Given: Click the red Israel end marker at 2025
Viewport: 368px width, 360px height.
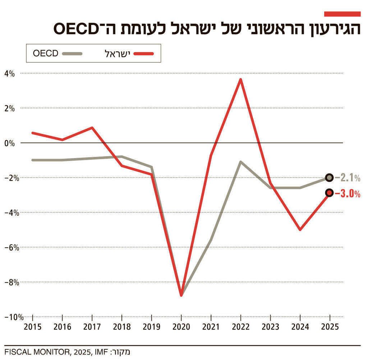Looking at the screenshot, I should click(x=330, y=193).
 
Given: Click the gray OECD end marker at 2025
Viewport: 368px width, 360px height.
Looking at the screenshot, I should click(x=330, y=177).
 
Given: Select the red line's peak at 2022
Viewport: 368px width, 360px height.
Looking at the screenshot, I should click(x=240, y=79).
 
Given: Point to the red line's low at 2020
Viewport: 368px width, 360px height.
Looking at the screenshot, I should click(x=181, y=295).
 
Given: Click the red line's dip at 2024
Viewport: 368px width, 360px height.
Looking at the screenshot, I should click(x=300, y=229).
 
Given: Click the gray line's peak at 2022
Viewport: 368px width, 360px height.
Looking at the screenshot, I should click(x=240, y=162).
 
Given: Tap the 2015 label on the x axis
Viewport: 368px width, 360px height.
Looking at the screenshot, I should click(x=33, y=327).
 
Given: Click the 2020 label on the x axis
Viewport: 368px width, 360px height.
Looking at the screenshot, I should click(x=181, y=327).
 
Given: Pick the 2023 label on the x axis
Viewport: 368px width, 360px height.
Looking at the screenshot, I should click(x=270, y=327).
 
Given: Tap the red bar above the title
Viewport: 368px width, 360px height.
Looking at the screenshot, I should click(x=342, y=14).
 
